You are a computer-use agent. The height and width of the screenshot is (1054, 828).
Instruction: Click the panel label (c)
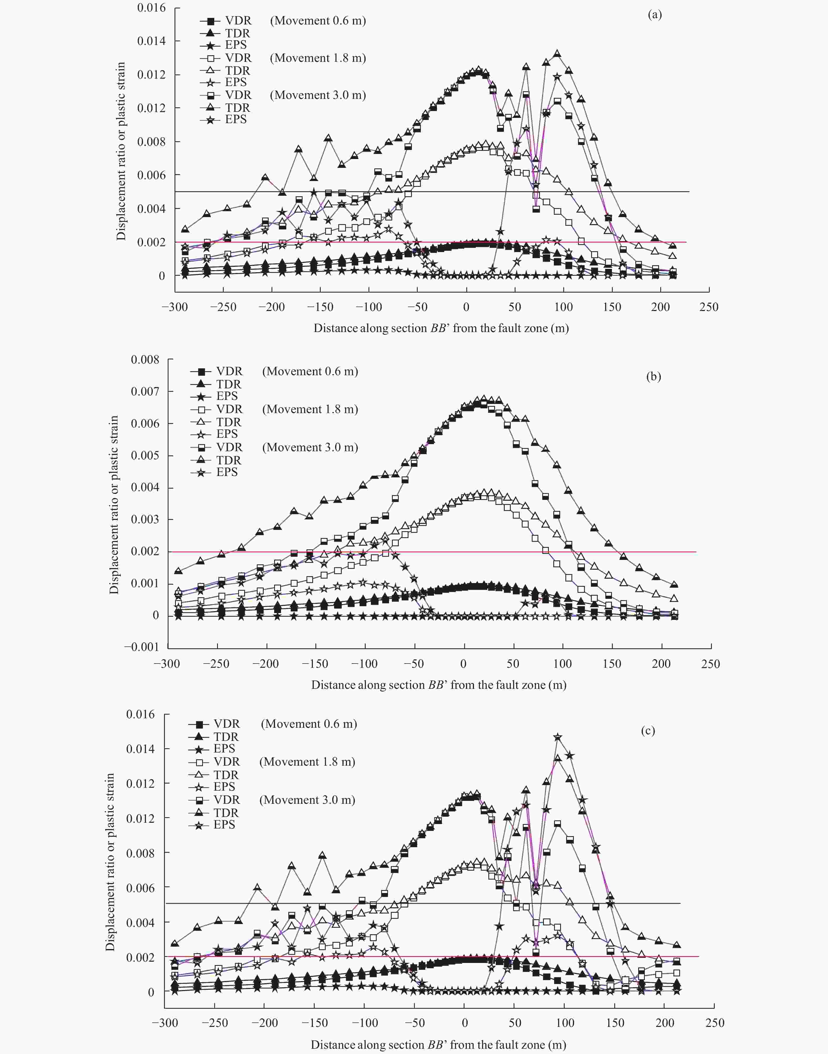tap(648, 731)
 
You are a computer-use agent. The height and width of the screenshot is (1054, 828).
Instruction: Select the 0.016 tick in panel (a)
tap(151, 8)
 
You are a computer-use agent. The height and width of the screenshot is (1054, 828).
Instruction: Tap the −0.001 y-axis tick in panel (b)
tap(142, 647)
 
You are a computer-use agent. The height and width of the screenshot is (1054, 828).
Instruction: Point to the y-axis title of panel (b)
tap(114, 505)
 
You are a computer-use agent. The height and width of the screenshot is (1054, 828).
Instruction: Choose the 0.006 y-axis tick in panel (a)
tap(151, 175)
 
